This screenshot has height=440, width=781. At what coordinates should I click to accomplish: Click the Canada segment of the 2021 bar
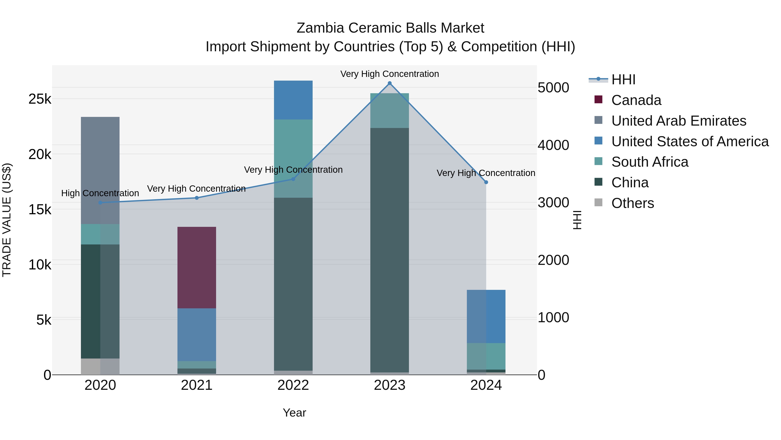point(197,267)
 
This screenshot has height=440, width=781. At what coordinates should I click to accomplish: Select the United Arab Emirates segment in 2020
point(100,170)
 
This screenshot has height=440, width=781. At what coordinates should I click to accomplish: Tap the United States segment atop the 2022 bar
point(293,100)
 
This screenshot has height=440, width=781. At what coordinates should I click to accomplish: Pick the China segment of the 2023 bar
point(390,250)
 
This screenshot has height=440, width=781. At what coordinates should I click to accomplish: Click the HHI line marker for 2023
point(390,83)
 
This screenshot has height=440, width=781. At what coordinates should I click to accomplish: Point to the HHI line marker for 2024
point(486,182)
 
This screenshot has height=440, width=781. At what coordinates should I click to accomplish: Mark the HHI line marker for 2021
point(197,198)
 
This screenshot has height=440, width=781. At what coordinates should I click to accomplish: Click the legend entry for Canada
point(636,100)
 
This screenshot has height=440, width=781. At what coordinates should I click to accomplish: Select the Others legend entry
point(632,203)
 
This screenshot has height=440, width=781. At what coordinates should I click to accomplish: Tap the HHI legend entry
point(623,80)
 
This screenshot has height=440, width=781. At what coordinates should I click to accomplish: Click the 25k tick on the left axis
point(40,99)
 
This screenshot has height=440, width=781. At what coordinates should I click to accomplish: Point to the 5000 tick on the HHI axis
point(553,88)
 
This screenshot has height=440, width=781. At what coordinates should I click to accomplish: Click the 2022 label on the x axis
point(293,385)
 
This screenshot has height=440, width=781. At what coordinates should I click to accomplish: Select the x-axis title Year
point(294,413)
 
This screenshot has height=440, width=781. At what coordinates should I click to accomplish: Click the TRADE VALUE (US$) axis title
point(7,220)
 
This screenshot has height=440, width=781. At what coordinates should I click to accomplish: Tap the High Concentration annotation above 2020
point(100,193)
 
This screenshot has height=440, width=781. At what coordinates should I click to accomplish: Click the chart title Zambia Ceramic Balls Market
point(390,28)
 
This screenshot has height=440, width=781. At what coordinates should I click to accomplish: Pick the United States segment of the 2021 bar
point(197,335)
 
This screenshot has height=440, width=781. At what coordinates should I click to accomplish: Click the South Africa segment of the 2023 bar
point(390,111)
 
